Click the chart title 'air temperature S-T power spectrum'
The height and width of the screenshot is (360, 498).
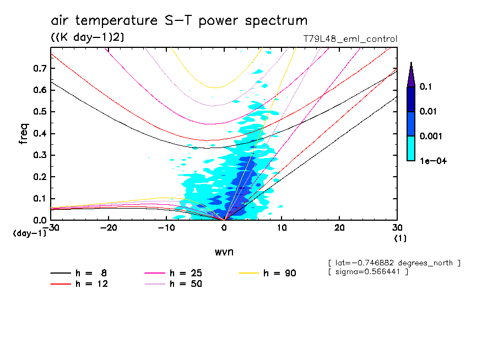[x=179, y=21]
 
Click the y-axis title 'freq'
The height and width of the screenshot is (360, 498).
[x=24, y=134]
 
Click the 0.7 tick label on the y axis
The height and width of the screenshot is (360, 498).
[x=39, y=68]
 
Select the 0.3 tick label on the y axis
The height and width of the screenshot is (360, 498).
[x=39, y=155]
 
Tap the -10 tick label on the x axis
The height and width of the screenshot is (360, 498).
[x=166, y=227]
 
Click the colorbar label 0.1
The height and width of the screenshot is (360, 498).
[x=425, y=87]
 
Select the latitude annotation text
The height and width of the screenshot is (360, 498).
[x=394, y=263]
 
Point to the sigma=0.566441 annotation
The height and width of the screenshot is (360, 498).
[x=368, y=272]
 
